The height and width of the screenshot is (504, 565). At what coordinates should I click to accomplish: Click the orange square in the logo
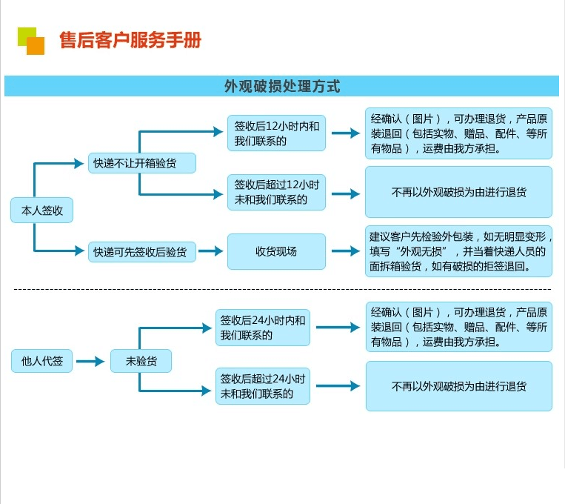(36, 46)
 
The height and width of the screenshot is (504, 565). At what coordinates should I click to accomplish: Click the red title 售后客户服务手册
(130, 40)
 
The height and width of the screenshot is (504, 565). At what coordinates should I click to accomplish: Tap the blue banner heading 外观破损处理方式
(282, 86)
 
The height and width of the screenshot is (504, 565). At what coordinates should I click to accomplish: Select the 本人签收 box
(41, 210)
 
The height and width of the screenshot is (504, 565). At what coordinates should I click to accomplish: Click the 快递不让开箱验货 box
(142, 163)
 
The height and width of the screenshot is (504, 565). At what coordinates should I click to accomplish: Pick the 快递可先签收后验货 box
(142, 251)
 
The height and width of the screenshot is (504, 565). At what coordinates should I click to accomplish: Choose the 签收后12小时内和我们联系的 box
(276, 133)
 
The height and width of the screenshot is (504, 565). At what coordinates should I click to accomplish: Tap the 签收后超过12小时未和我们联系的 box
(276, 192)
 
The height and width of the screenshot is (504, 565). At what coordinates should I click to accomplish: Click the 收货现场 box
(276, 251)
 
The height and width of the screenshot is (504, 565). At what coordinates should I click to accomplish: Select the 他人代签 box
(41, 361)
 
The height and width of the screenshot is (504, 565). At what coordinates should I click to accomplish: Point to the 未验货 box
(141, 361)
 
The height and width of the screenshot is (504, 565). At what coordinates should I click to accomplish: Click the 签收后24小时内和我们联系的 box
(263, 328)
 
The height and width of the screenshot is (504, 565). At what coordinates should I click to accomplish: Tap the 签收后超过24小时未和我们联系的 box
(263, 386)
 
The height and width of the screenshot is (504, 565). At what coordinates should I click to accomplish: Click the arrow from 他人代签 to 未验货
(90, 361)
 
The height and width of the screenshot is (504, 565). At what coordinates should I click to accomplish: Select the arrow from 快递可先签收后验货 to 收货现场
(211, 251)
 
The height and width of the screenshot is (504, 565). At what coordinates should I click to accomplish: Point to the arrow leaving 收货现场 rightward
(346, 251)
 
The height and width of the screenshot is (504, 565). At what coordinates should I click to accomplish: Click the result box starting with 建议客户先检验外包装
(458, 251)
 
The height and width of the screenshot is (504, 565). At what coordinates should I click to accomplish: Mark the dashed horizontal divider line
(282, 289)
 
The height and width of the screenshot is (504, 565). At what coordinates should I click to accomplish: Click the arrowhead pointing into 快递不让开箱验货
(79, 164)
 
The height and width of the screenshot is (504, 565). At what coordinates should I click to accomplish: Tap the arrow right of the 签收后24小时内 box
(338, 328)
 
